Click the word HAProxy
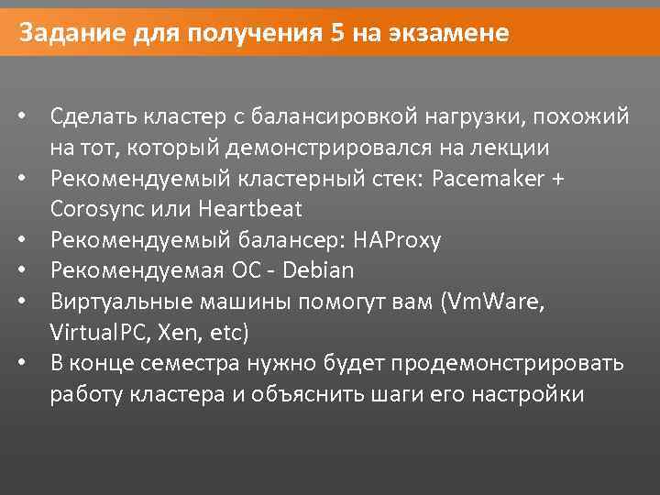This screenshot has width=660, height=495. [401, 240]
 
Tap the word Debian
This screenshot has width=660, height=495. [318, 270]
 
